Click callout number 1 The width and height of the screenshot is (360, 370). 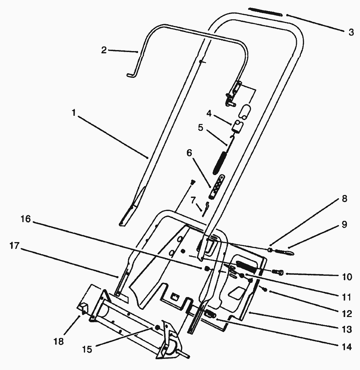click(74, 113)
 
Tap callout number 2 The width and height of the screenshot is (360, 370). click(104, 50)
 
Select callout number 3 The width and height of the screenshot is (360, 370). click(351, 32)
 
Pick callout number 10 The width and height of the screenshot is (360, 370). click(347, 277)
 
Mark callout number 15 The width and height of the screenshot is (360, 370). click(87, 349)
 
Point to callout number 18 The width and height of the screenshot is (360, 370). click(59, 342)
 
